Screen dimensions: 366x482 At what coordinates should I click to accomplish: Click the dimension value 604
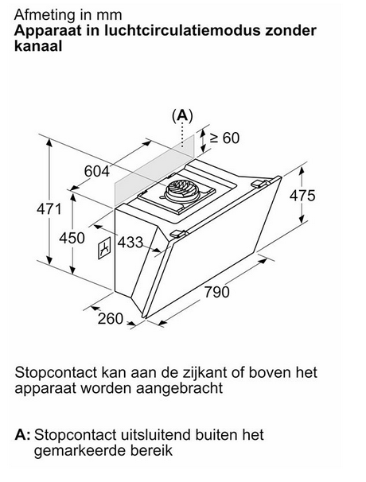pos(97,171)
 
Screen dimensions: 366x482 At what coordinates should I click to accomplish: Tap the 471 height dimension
pos(49,209)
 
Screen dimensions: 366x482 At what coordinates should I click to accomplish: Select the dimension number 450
pos(72,239)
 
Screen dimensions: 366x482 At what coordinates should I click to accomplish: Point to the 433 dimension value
pos(130,243)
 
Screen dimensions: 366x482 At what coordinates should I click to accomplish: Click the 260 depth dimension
pos(111,319)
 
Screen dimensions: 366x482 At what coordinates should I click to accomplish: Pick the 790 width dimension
pos(217,292)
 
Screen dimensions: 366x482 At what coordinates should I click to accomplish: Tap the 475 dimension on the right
pos(302,196)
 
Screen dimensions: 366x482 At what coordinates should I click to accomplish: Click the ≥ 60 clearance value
pos(224,138)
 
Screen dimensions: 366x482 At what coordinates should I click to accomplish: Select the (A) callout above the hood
pos(182,115)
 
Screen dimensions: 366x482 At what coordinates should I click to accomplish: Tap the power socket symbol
pos(105,248)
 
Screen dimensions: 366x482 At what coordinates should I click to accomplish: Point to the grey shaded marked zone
pos(154,169)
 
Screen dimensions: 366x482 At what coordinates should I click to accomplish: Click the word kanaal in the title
pos(38,46)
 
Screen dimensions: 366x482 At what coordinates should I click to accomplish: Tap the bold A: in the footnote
pos(22,435)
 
